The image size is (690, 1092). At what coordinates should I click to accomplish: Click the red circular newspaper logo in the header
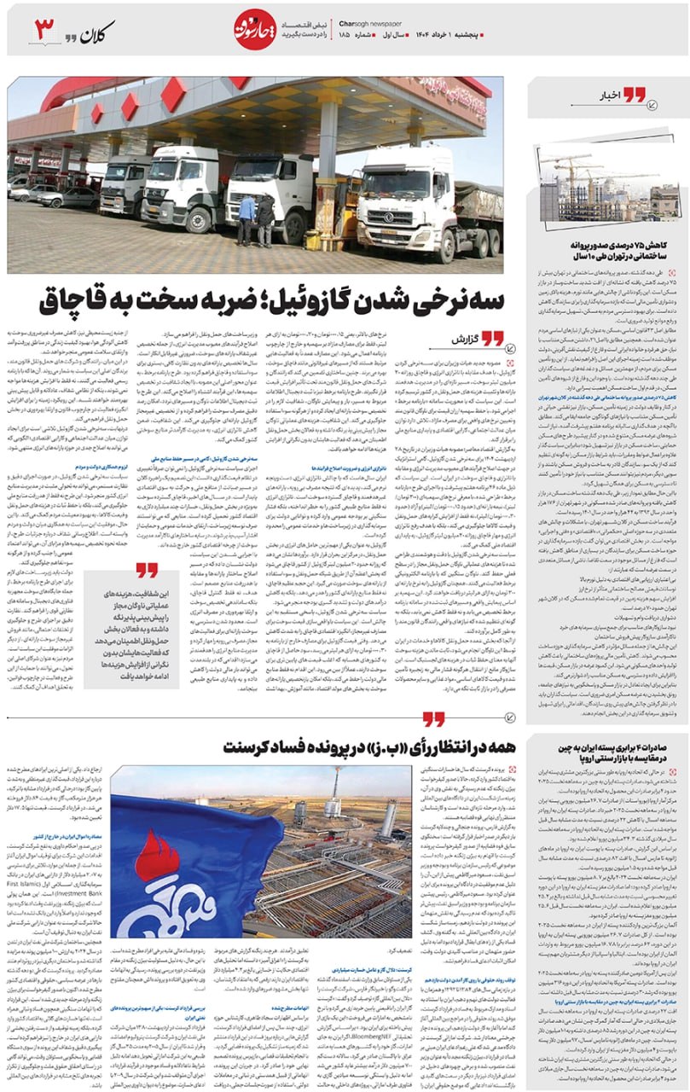click(253, 32)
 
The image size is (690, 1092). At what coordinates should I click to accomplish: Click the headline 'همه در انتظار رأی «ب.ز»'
click(332, 747)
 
